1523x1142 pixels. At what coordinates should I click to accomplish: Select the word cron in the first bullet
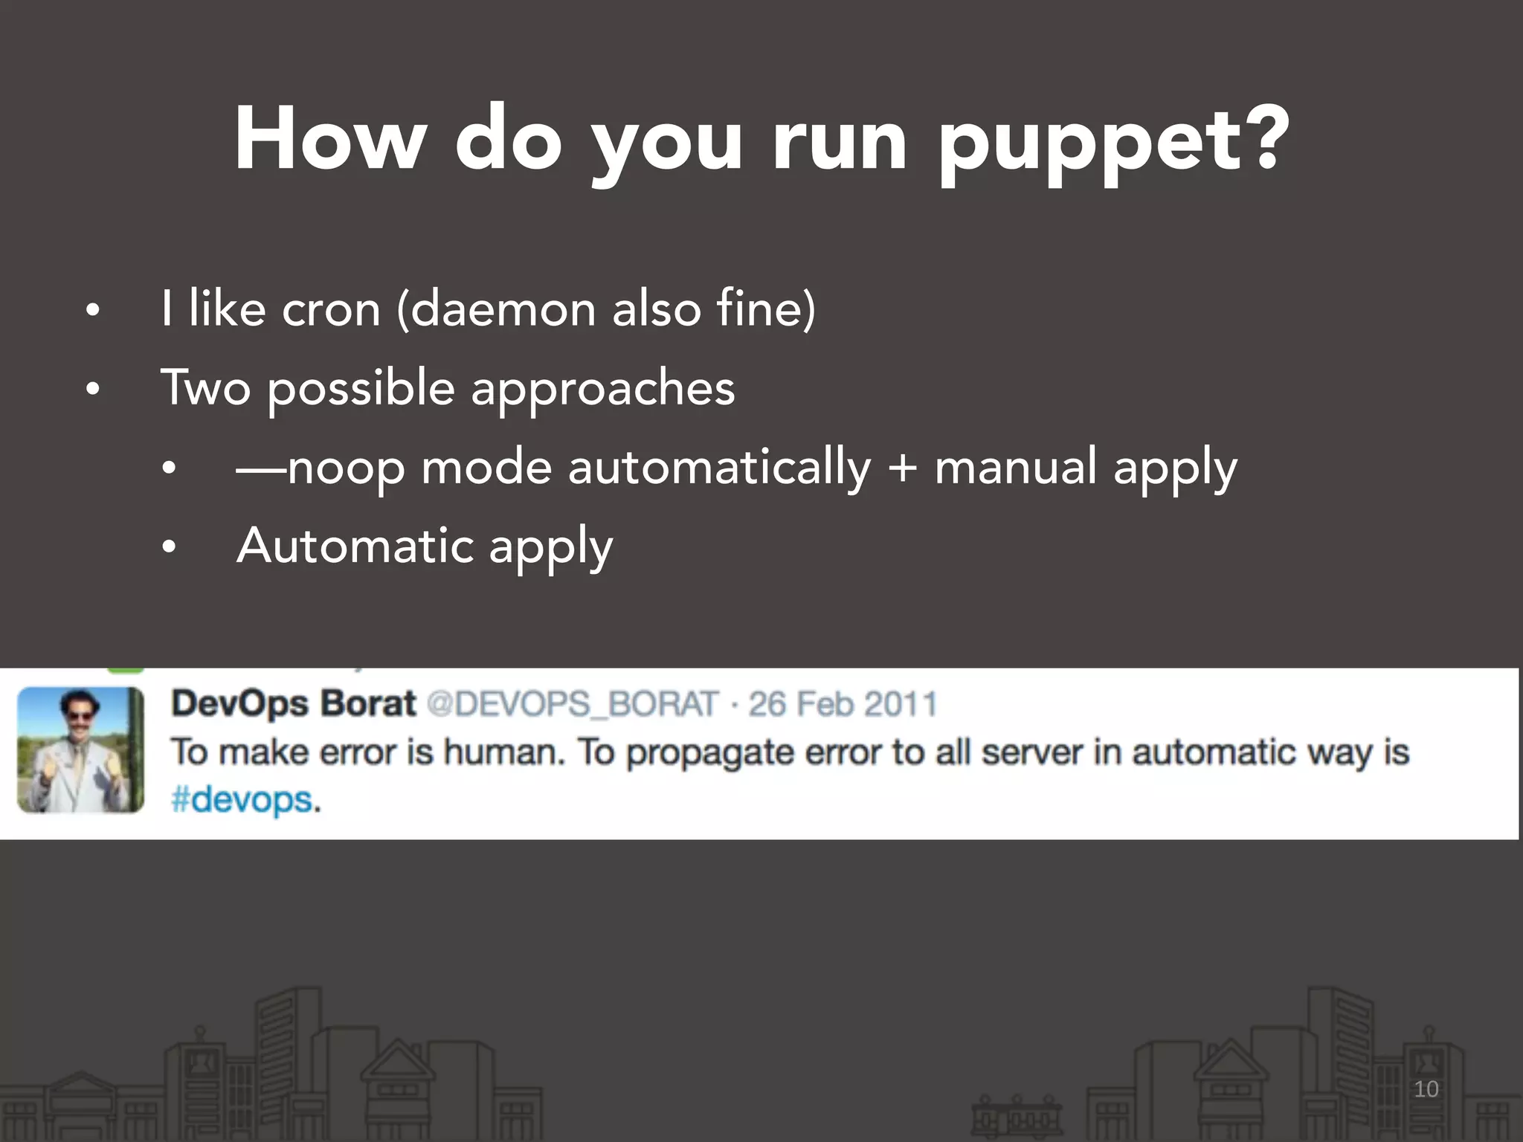331,309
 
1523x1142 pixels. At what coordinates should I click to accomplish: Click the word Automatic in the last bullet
355,546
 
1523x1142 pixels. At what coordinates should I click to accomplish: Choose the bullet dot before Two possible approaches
92,390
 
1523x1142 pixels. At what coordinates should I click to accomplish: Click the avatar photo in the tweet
80,749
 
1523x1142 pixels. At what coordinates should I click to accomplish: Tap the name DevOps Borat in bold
294,703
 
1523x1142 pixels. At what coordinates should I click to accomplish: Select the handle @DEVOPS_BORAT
572,704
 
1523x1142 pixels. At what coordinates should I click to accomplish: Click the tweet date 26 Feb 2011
843,704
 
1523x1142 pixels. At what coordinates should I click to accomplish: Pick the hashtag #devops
242,801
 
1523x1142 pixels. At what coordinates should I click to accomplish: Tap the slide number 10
1426,1089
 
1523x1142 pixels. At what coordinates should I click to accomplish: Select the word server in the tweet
1031,752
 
